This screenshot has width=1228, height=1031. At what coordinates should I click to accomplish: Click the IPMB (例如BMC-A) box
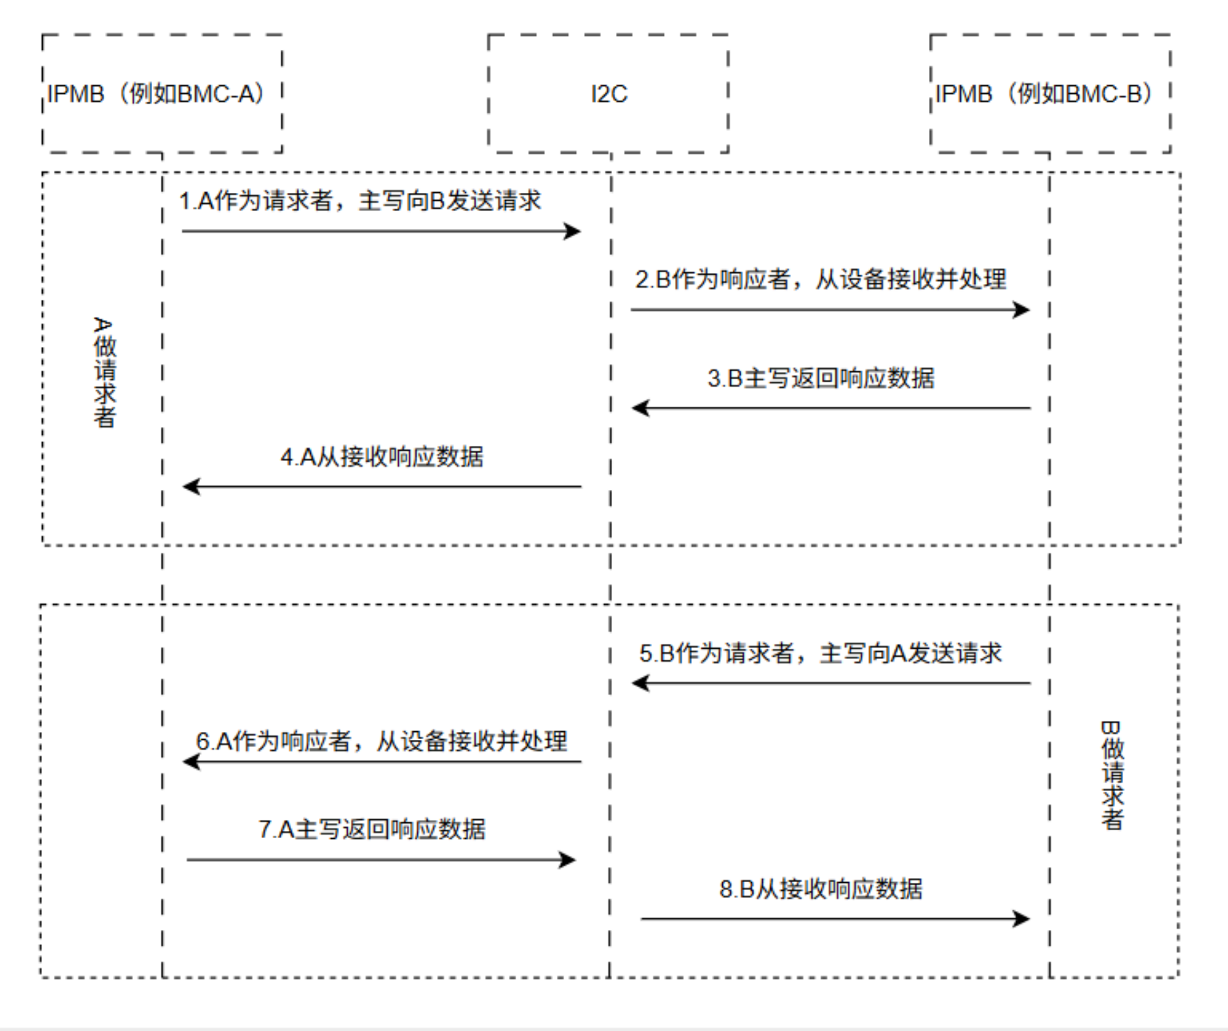click(x=162, y=94)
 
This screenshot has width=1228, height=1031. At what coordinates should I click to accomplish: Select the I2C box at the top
click(x=608, y=94)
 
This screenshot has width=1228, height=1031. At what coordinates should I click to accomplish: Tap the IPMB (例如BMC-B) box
click(x=1050, y=94)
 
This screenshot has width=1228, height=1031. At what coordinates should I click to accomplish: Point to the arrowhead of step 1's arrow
click(x=573, y=231)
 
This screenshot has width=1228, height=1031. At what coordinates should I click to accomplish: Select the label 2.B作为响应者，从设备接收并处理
click(x=820, y=279)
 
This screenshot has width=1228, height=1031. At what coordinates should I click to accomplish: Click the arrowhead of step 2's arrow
click(x=1022, y=310)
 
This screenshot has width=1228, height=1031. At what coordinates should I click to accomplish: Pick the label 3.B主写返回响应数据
click(x=821, y=378)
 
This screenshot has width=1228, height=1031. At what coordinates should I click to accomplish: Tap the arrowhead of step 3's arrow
click(x=640, y=408)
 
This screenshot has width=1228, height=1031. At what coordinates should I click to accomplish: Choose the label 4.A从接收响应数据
click(x=382, y=457)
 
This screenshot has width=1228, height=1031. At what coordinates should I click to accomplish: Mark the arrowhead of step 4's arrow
click(x=190, y=487)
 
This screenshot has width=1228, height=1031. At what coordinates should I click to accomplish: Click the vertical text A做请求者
click(x=104, y=373)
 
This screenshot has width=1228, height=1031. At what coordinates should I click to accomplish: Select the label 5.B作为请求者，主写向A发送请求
click(x=821, y=653)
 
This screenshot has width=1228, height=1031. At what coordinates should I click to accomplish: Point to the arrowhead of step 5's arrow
click(x=640, y=683)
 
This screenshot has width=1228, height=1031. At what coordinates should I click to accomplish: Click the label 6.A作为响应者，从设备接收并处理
click(x=381, y=741)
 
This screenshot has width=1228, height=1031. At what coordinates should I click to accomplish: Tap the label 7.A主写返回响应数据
click(x=372, y=830)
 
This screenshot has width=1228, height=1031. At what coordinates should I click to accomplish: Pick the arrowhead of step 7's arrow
click(x=568, y=860)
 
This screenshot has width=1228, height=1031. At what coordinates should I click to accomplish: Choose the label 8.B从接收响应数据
click(x=821, y=889)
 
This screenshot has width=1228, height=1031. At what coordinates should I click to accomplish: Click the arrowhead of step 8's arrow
click(x=1022, y=919)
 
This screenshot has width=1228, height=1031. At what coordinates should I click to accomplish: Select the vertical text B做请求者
click(x=1112, y=775)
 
